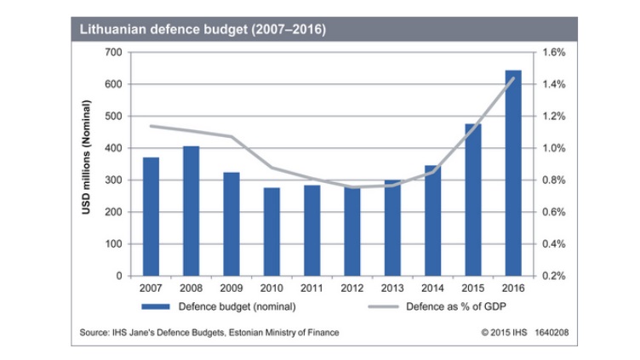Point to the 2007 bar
pyautogui.click(x=151, y=216)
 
